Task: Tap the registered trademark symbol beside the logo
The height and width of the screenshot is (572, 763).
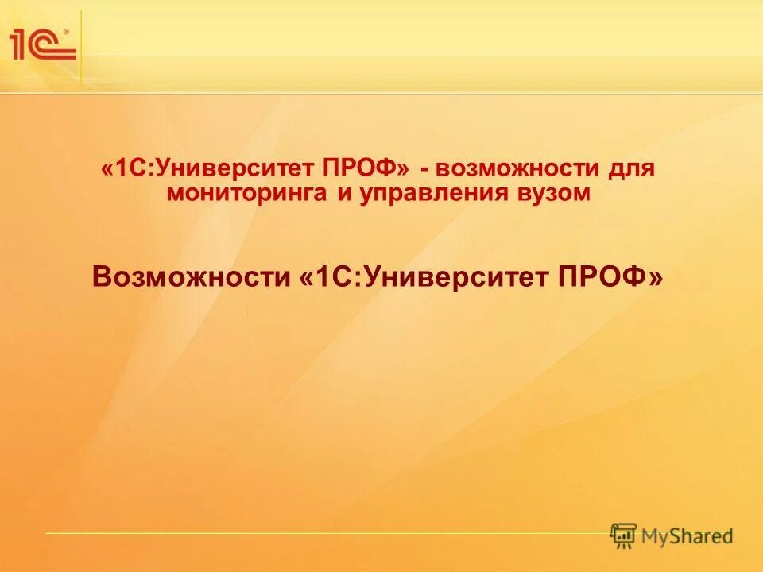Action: click(66, 33)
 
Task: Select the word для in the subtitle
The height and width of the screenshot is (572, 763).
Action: click(632, 168)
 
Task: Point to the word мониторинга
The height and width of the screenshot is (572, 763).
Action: click(242, 194)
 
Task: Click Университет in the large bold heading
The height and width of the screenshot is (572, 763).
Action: click(445, 277)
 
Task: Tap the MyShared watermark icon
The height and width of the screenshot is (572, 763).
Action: click(622, 536)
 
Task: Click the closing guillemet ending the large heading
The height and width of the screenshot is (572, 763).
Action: click(654, 278)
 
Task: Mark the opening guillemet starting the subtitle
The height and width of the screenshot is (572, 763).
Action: click(107, 168)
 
